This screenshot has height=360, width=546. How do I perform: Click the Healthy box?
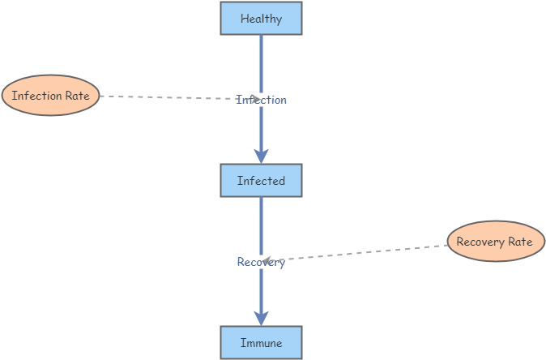coord(261,18)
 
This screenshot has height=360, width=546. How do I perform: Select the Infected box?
coord(261,180)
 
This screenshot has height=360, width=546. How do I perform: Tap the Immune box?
coord(261,343)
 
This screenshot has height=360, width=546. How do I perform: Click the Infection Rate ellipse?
coord(50,96)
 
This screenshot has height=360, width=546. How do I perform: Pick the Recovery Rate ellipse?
coord(495,242)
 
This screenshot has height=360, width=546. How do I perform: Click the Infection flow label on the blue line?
coord(262,100)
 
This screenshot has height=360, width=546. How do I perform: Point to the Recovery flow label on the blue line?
coord(261,262)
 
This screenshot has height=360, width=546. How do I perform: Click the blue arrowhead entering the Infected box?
coord(261,155)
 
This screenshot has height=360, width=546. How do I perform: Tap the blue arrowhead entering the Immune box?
coord(261,317)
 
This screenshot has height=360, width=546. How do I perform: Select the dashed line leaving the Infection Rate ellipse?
coord(162,97)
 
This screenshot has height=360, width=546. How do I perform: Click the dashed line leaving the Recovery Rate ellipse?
coord(365,252)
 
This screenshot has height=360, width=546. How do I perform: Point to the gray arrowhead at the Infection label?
coord(254,99)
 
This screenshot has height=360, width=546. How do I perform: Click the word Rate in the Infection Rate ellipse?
coord(75,96)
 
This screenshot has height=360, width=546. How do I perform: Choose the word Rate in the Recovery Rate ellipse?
coord(520,242)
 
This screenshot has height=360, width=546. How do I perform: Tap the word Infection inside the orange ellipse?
coord(36,96)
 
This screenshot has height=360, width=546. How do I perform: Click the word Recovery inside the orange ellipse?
coord(480,242)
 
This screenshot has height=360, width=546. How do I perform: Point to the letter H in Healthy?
coord(245,19)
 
